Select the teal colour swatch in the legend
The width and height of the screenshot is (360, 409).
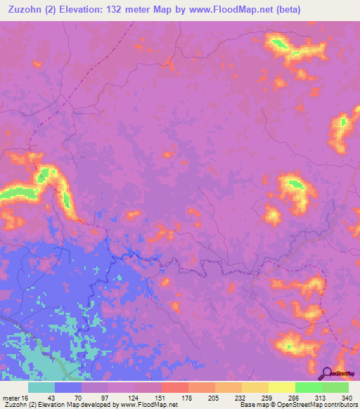[x=41, y=387]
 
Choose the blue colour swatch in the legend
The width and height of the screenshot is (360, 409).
[x=68, y=387]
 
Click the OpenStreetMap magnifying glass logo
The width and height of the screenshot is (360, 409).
[x=327, y=372]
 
